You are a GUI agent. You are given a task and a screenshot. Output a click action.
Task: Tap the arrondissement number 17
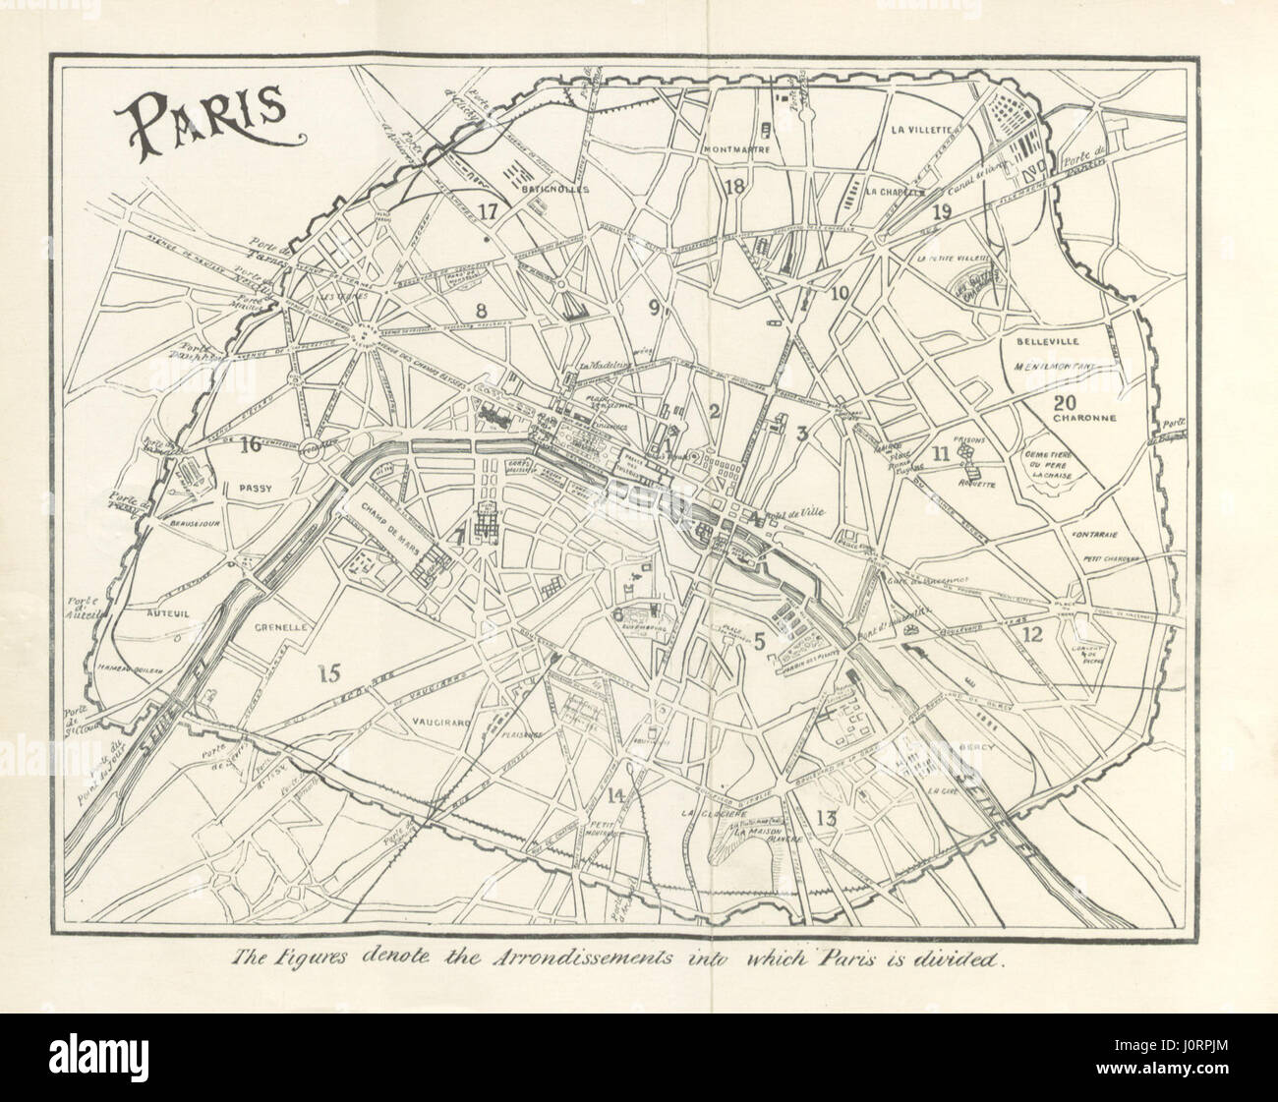pos(489,208)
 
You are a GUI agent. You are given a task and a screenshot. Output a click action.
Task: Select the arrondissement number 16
pos(251,444)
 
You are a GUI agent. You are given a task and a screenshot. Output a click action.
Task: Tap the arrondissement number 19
pos(942,211)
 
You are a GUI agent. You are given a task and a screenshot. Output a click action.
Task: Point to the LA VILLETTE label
pos(921,129)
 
